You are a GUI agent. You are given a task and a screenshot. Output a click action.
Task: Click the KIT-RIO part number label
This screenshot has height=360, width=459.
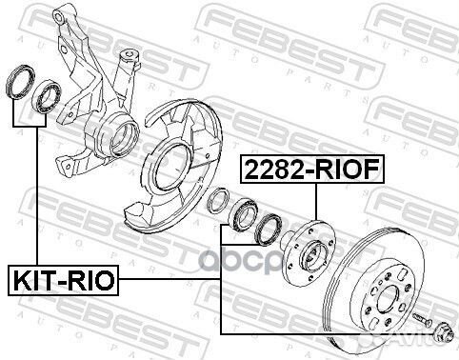(63, 282)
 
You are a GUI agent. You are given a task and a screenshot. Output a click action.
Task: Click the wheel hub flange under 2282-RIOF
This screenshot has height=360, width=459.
(313, 250)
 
